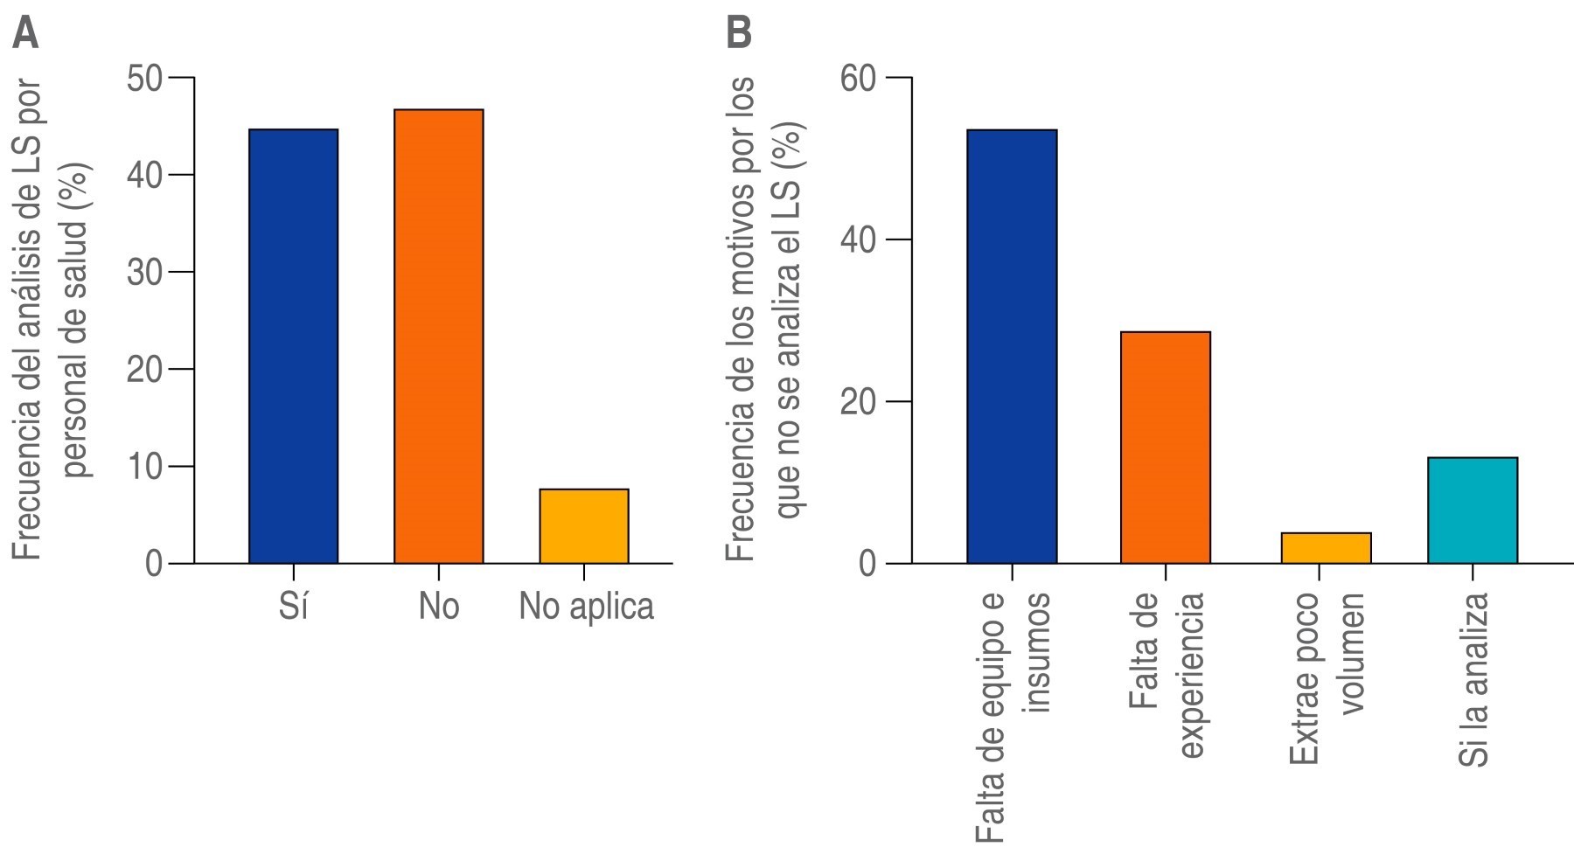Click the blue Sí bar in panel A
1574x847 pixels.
point(293,346)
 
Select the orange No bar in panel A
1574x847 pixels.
point(438,337)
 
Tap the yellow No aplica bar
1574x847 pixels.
point(583,526)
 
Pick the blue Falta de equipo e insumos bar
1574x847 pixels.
point(1012,346)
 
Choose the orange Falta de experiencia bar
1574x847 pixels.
point(1166,448)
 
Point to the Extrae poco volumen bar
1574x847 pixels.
point(1326,548)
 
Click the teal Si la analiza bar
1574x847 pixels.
point(1473,510)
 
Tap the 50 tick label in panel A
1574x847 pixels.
point(144,79)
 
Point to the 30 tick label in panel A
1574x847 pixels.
point(144,273)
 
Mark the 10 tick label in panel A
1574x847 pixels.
point(144,467)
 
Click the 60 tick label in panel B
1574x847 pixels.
point(859,79)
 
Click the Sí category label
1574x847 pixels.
point(294,606)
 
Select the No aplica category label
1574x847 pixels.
point(586,606)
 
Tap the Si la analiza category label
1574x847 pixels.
point(1474,680)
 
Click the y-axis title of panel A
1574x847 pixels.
point(52,319)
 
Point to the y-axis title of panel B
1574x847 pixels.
point(764,319)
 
